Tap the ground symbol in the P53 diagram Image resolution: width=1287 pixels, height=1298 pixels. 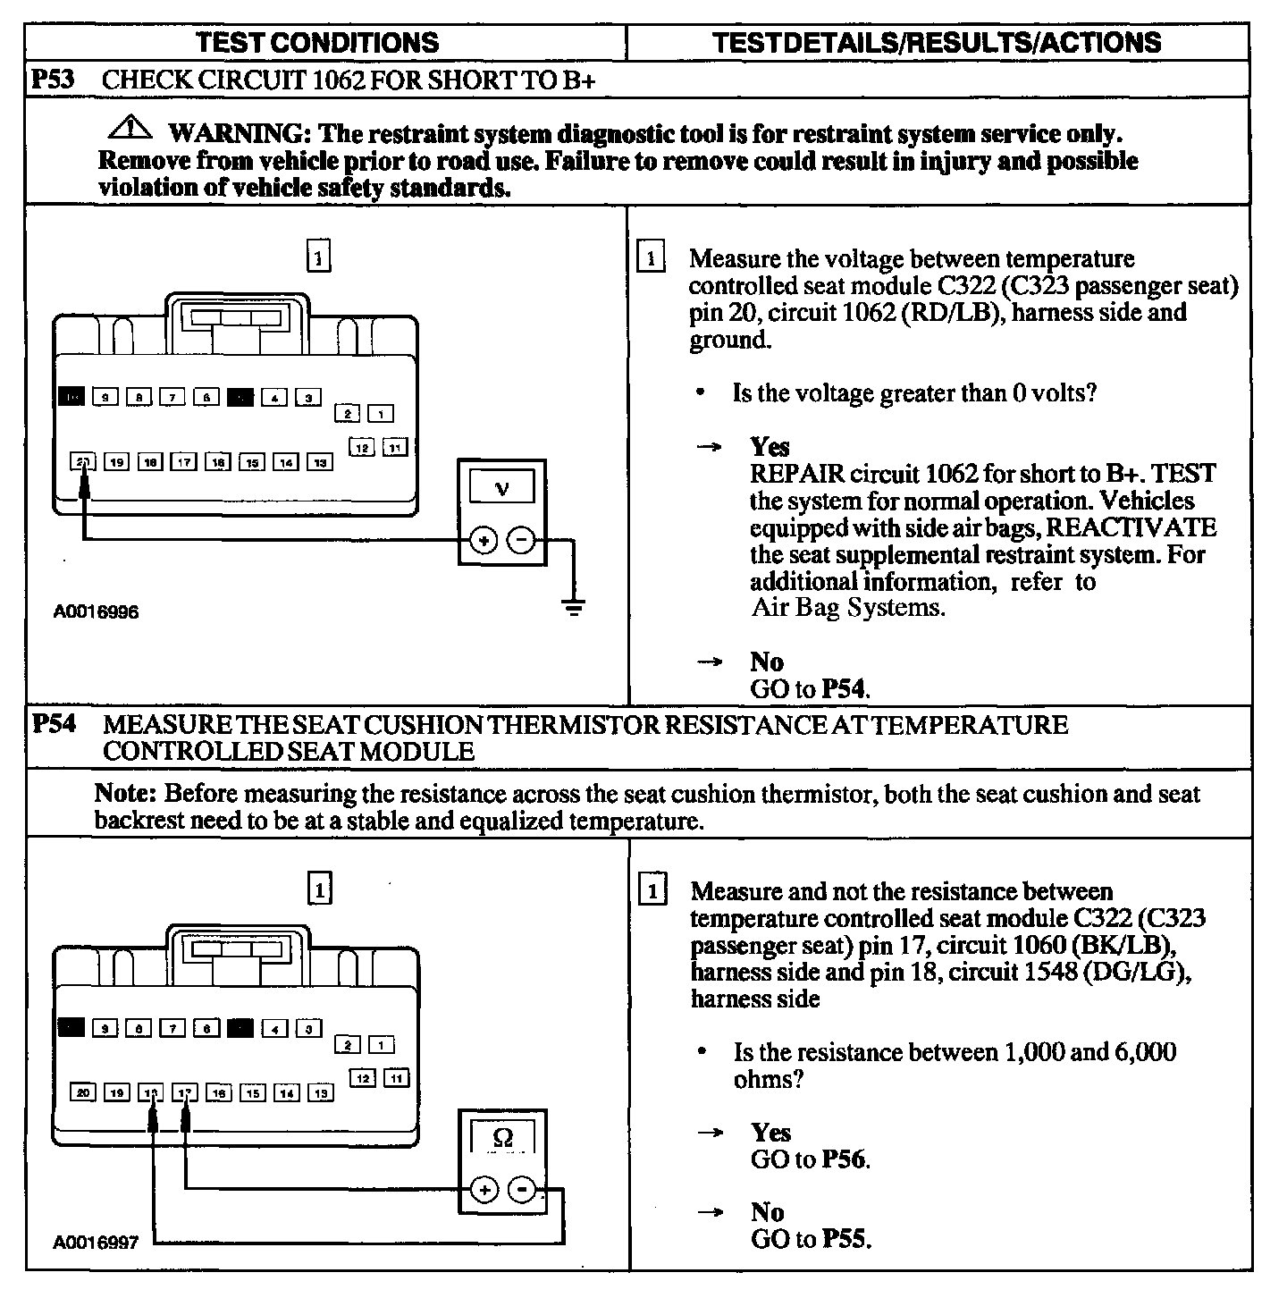[x=572, y=608]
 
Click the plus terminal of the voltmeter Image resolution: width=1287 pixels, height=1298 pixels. [x=484, y=541]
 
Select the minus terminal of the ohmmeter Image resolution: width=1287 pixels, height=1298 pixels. [x=521, y=1190]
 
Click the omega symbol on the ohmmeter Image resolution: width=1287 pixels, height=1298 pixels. [x=503, y=1137]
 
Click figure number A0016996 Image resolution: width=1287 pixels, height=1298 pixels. [x=96, y=613]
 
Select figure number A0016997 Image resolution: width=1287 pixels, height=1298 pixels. [x=96, y=1243]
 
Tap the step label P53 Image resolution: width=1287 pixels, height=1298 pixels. [x=52, y=79]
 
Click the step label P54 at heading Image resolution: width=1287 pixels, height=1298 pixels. [x=52, y=724]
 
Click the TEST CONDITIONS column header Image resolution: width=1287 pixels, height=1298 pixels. [x=317, y=43]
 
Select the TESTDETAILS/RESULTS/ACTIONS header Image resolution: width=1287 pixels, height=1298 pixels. [x=938, y=43]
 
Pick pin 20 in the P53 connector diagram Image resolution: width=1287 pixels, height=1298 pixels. [x=82, y=462]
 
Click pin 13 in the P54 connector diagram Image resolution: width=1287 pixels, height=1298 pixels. [x=320, y=1092]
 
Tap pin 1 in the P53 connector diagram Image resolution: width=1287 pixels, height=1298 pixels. [x=382, y=414]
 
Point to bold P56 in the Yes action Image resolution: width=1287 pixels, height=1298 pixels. [x=845, y=1159]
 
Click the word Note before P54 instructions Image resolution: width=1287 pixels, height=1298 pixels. [x=126, y=794]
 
